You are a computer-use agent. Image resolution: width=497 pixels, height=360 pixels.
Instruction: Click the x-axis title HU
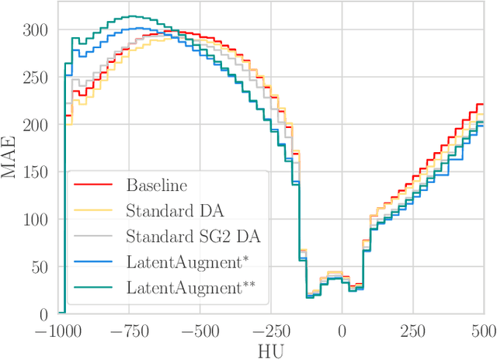point(270,350)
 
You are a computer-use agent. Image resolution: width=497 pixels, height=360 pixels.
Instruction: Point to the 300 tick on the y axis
point(36,29)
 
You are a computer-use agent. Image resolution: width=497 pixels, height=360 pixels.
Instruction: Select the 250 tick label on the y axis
point(36,77)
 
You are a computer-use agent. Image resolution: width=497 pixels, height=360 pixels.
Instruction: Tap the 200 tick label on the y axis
point(36,124)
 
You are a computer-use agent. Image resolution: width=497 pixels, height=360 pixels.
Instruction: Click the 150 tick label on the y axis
point(36,171)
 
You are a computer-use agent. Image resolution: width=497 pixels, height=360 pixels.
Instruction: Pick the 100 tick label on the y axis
point(36,220)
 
